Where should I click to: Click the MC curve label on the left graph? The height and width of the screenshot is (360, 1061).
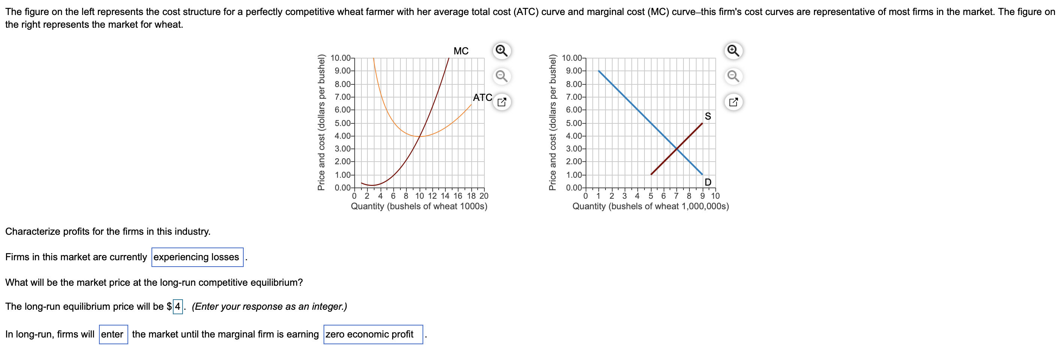460,51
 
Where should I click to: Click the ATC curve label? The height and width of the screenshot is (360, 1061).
482,97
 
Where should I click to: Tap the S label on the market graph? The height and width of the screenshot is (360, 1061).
707,117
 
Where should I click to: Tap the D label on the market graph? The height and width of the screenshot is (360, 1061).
707,182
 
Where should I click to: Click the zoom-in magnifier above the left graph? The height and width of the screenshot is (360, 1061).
501,51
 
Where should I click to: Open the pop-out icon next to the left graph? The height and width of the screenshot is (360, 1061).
501,102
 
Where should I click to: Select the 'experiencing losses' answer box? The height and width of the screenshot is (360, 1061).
197,257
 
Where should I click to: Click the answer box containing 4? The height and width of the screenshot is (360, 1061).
177,306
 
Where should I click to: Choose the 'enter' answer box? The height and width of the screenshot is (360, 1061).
113,334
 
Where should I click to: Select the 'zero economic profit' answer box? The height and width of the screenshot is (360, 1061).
373,334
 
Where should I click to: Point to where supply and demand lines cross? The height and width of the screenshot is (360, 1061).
677,149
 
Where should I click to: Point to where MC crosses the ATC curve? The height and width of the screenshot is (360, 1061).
420,136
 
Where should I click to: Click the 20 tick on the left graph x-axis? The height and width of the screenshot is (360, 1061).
484,196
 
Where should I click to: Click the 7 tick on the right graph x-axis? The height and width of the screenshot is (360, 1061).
676,196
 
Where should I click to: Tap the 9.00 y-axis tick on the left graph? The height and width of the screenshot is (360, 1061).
343,71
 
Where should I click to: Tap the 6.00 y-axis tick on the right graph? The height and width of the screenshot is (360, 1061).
574,110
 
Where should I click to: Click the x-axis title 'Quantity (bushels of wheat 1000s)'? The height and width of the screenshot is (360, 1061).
419,206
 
